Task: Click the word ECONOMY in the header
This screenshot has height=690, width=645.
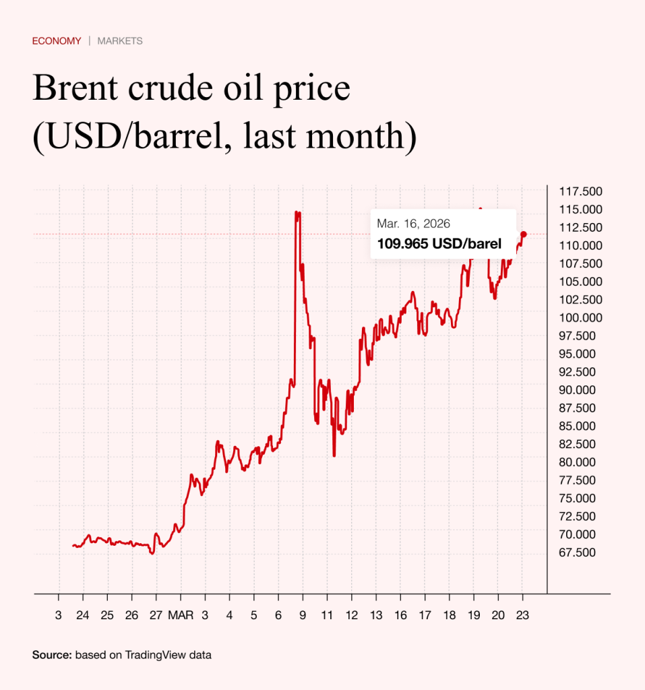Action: click(57, 41)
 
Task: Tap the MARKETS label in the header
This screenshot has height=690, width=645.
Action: click(120, 41)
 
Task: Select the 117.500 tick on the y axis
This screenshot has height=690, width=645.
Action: click(581, 191)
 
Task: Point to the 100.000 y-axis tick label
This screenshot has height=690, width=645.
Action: click(581, 318)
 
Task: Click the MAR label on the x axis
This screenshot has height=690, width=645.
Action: click(180, 615)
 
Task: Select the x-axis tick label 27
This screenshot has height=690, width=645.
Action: click(156, 615)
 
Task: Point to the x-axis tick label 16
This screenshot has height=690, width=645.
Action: click(400, 615)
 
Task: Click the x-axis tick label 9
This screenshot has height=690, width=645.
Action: click(303, 615)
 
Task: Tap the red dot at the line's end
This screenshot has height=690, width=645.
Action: click(524, 234)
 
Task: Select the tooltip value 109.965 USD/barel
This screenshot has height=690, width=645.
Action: click(439, 244)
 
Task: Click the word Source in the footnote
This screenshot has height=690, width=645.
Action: click(51, 654)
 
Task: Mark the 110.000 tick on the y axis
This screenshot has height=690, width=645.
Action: click(581, 245)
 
